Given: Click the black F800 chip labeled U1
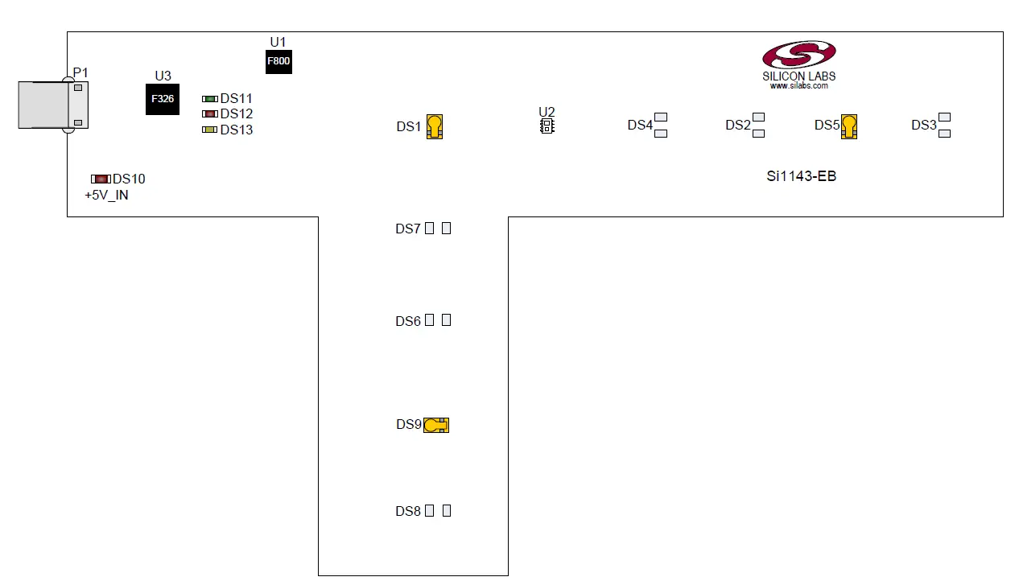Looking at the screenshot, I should pos(278,61).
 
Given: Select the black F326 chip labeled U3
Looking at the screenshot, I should pos(163,99).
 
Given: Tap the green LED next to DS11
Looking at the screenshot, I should pos(210,99).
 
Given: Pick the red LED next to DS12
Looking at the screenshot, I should pos(210,114).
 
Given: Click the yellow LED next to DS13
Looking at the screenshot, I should pos(210,130).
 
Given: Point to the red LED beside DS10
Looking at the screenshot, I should pos(101,179).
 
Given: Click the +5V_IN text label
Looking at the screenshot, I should pos(106,196).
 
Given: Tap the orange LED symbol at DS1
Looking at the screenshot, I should pos(435,126).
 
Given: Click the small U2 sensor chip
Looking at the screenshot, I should pos(547,126).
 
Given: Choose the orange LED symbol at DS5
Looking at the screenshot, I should pos(849,126).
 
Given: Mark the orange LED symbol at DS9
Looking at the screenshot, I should pos(436,425).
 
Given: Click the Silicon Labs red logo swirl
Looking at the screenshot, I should pos(799,56).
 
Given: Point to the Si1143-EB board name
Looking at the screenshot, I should pos(801,176).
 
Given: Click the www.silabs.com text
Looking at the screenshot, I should pos(799,85).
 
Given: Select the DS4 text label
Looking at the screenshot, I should pos(640,126).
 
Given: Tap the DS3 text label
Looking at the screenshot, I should pos(923,126).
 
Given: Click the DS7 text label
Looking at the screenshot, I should pos(408,229).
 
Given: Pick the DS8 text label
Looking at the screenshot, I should pos(408,512).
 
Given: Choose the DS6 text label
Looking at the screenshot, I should pos(408,322).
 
